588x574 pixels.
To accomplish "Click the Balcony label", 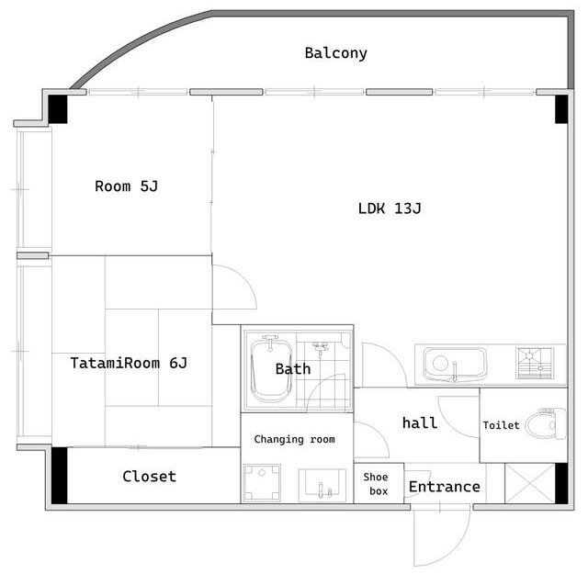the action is (x=335, y=53).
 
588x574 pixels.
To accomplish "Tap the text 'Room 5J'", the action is (x=127, y=186).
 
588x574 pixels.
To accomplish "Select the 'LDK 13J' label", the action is (x=390, y=208).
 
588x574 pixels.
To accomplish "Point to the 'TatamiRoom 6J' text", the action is (x=129, y=363).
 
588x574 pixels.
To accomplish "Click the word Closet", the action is (x=149, y=476).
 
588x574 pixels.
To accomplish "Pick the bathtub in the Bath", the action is (x=271, y=369).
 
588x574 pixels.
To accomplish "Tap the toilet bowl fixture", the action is (x=546, y=423).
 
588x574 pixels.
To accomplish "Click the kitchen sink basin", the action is (x=455, y=364).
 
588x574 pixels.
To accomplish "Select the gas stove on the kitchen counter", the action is (x=535, y=364).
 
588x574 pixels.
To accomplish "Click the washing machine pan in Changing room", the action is (x=262, y=482).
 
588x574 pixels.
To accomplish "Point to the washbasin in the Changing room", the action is (x=322, y=485).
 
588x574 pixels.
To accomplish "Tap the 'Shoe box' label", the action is (x=376, y=484).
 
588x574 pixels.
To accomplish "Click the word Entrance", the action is (x=445, y=487).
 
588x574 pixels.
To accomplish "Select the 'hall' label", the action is (x=420, y=422).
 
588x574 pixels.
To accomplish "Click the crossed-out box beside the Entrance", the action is (x=529, y=483).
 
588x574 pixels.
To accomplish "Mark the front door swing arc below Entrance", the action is (x=458, y=547).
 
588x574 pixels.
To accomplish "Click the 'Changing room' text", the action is (x=294, y=439).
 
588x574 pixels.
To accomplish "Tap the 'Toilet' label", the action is (x=501, y=425).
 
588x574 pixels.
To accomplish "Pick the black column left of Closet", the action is (x=59, y=476).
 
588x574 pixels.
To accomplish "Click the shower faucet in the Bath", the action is (x=320, y=347).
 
